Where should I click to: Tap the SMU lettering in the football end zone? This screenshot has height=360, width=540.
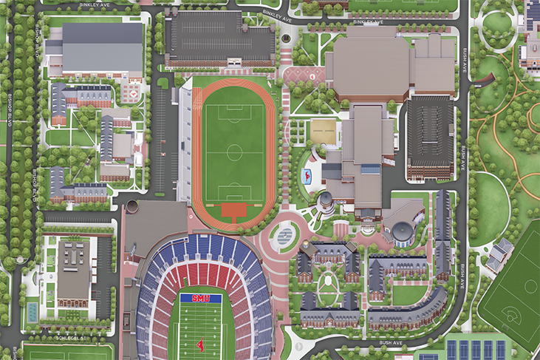200,298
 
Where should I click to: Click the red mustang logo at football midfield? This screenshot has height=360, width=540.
199,344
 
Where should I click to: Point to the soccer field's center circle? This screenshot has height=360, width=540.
235,153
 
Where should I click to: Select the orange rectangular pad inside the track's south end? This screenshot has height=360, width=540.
234,211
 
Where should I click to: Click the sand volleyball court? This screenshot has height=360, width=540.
323,132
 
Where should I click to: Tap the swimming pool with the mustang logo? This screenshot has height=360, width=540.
306,176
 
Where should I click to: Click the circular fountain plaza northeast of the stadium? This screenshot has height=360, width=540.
283,235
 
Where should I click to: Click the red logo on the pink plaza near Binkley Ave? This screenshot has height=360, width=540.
312,76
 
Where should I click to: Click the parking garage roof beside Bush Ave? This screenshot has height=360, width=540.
429,132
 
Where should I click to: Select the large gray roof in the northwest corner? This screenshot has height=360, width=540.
103,48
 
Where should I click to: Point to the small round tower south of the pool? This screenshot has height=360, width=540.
325,200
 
